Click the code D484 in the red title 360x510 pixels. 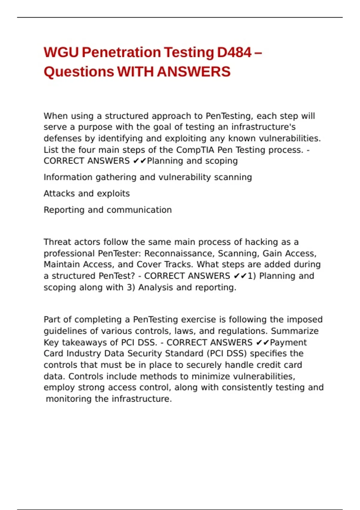tap(234, 52)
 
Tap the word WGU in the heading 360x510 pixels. tap(61, 52)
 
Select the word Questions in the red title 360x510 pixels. tap(79, 72)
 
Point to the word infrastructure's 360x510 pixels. tap(263, 127)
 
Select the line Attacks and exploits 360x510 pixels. tap(87, 193)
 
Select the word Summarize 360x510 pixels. tap(295, 331)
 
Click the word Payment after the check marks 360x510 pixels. tap(288, 342)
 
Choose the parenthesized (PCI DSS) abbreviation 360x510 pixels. tap(226, 353)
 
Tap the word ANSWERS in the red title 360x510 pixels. tap(193, 72)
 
